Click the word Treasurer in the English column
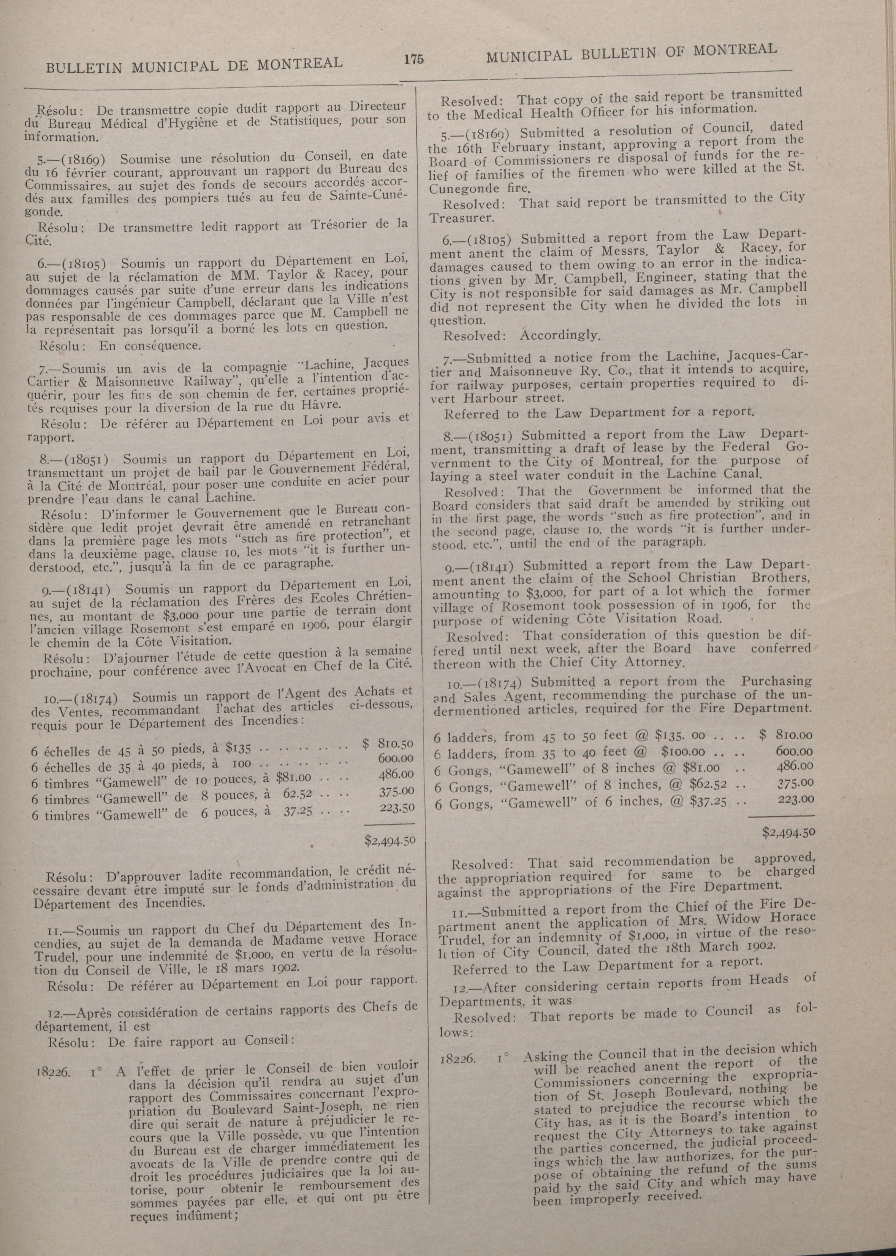click(x=461, y=218)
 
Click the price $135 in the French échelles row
click(x=239, y=748)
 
